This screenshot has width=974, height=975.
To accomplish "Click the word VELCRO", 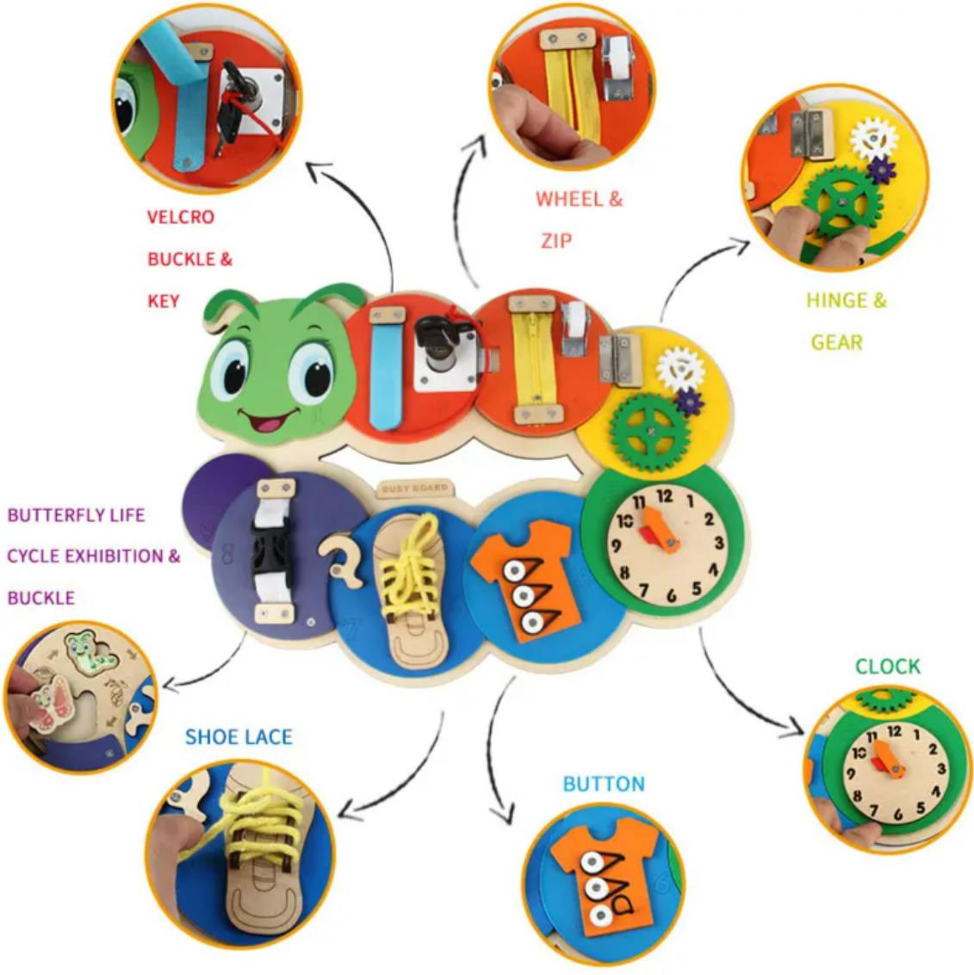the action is tap(180, 217).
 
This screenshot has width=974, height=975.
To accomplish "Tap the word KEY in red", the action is tap(163, 301).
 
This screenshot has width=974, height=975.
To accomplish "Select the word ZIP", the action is tap(555, 240).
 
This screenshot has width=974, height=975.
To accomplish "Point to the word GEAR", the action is tap(836, 343).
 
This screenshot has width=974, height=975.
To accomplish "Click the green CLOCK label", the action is tap(888, 667).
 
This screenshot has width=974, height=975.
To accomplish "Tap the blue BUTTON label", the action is tap(604, 784).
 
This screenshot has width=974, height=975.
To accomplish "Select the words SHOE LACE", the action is tap(239, 737).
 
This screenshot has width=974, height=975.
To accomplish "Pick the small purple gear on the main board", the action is tap(689, 402).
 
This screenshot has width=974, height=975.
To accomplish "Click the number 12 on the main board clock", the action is tap(665, 496).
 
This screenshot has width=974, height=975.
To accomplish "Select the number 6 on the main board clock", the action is tap(672, 596).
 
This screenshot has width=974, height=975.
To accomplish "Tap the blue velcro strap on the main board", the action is tap(385, 376).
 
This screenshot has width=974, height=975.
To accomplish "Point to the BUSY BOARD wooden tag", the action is tap(414, 488).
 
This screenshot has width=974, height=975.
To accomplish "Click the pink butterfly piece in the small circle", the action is tap(51, 702).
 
